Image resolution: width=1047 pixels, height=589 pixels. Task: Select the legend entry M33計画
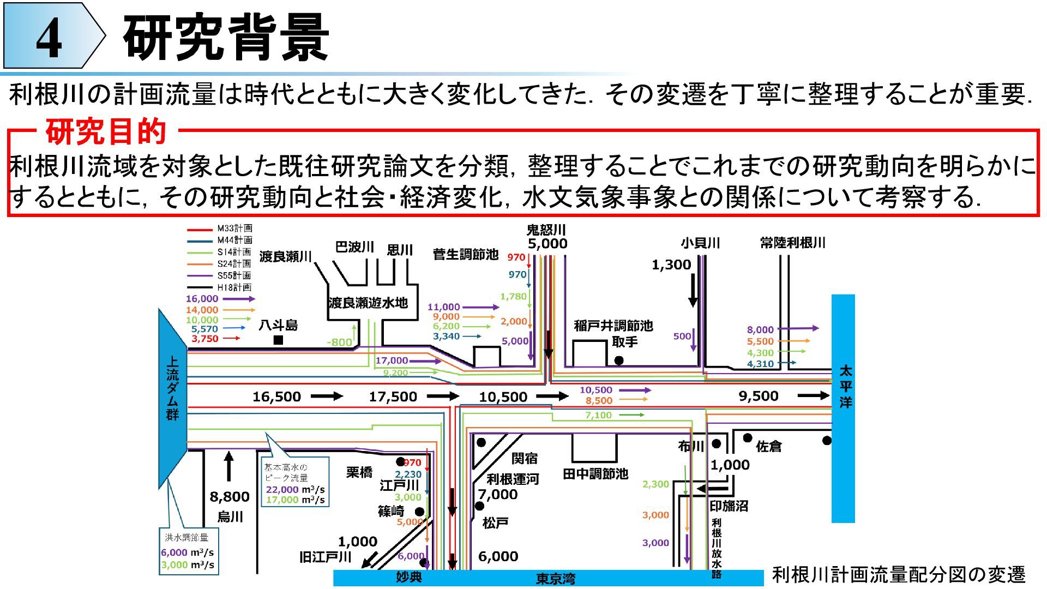click(x=234, y=229)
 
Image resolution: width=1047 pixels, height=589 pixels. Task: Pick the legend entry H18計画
click(x=234, y=287)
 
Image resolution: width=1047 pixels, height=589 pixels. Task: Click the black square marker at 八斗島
click(x=278, y=340)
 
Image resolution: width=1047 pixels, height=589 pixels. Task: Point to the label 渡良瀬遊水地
click(x=368, y=303)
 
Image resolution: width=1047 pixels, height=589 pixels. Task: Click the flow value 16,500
click(x=276, y=397)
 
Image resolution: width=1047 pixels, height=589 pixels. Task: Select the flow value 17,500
click(x=393, y=397)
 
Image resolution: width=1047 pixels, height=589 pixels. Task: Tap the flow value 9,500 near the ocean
click(x=758, y=396)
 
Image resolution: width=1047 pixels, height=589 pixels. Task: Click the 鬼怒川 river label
click(x=546, y=230)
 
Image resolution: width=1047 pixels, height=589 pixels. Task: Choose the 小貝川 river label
click(x=700, y=243)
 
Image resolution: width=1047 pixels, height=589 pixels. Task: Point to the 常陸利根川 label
click(x=793, y=243)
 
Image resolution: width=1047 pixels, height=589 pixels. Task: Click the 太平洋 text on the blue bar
click(x=845, y=387)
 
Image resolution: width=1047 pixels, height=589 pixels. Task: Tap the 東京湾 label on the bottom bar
click(x=555, y=579)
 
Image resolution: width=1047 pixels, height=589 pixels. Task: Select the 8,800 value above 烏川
click(x=230, y=497)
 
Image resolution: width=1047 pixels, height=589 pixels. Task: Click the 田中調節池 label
click(x=595, y=474)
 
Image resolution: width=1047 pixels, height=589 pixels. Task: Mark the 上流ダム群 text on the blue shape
click(x=172, y=388)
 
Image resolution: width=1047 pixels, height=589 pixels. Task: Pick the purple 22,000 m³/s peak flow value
click(x=282, y=489)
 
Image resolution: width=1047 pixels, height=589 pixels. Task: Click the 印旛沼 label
click(x=729, y=506)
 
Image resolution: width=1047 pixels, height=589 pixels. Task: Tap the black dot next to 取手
click(x=619, y=360)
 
